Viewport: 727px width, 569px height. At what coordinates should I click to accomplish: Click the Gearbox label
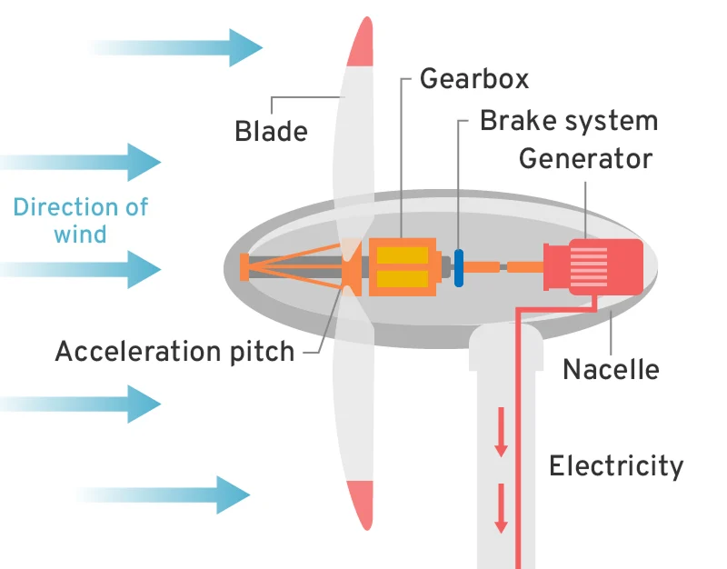pyautogui.click(x=473, y=79)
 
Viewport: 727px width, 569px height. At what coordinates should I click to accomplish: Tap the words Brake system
pyautogui.click(x=568, y=120)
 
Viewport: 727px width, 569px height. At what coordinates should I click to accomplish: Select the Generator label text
pyautogui.click(x=585, y=158)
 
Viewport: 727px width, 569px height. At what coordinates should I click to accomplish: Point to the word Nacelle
pyautogui.click(x=611, y=369)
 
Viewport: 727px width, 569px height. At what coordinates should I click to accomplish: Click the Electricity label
pyautogui.click(x=615, y=466)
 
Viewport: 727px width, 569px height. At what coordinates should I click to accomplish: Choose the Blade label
pyautogui.click(x=271, y=131)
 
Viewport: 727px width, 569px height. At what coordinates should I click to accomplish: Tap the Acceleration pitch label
pyautogui.click(x=174, y=351)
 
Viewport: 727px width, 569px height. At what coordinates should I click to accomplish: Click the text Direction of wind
pyautogui.click(x=80, y=219)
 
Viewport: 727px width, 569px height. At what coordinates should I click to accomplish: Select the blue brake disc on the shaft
pyautogui.click(x=459, y=268)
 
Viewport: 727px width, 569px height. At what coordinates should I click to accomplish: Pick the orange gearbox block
pyautogui.click(x=402, y=267)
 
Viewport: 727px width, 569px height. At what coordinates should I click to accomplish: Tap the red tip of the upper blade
pyautogui.click(x=361, y=44)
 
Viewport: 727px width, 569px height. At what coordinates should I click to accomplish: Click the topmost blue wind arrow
pyautogui.click(x=182, y=47)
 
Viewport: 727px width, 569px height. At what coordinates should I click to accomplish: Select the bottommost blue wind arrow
pyautogui.click(x=168, y=494)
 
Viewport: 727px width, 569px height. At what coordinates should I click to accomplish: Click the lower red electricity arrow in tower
pyautogui.click(x=501, y=512)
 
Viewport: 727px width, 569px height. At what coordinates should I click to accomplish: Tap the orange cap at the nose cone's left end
pyautogui.click(x=244, y=267)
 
